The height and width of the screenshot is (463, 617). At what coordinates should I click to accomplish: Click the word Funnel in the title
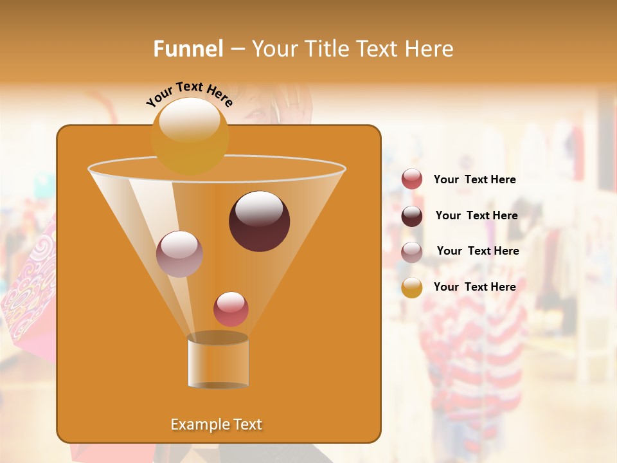[188, 49]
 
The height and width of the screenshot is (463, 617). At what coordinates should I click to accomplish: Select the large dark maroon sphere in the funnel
[259, 221]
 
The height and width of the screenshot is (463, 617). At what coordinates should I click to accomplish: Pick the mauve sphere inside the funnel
[179, 254]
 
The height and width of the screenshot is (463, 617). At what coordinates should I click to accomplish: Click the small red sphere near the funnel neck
[231, 309]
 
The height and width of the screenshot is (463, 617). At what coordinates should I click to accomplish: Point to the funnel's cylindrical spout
[218, 361]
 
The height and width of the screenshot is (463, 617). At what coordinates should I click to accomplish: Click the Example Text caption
[216, 424]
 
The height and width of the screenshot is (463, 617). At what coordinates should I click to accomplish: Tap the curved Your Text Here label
[189, 94]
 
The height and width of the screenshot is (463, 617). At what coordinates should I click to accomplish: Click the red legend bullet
[412, 179]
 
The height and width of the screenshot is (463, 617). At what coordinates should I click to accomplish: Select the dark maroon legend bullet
[412, 216]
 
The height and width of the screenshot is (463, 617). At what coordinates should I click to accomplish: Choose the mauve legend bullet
[412, 252]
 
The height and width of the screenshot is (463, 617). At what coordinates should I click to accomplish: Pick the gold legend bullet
[412, 287]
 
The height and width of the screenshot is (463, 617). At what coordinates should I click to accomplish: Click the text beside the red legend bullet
[474, 179]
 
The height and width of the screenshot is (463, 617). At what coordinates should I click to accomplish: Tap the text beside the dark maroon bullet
[476, 215]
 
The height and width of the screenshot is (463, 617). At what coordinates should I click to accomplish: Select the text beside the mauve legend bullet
[478, 251]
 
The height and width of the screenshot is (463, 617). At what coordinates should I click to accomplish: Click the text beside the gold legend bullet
[474, 287]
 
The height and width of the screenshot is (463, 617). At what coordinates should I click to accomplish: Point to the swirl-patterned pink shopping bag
[29, 289]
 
